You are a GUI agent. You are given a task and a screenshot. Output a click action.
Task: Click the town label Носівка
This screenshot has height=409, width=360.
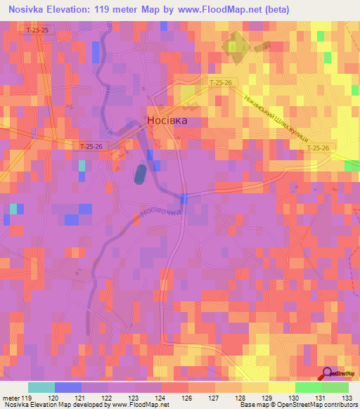(168, 120)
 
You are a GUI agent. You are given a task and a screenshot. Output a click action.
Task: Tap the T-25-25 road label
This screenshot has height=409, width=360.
(35, 31)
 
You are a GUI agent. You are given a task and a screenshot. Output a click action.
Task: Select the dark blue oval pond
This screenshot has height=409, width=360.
(141, 174)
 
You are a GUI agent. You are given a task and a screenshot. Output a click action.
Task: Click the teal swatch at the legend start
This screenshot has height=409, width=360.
(41, 387)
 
